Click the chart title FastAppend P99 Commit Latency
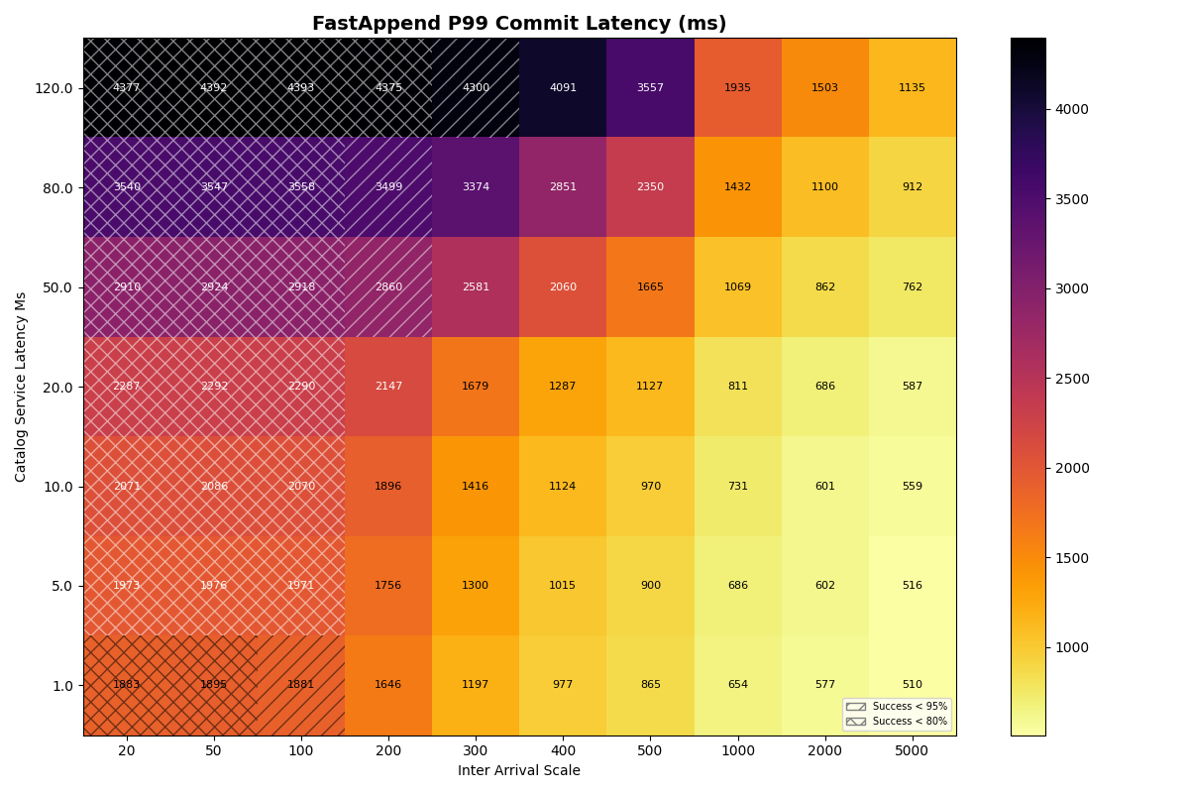click(519, 24)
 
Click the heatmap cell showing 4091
click(563, 88)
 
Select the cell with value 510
click(912, 685)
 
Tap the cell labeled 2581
click(476, 287)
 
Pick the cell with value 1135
click(912, 88)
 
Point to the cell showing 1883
click(127, 685)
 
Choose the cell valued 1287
click(563, 387)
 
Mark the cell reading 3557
click(650, 88)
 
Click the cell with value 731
click(737, 487)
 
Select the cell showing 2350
click(650, 187)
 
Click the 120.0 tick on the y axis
click(54, 88)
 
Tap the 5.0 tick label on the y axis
click(61, 586)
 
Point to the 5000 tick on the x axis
click(912, 751)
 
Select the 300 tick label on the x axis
click(476, 751)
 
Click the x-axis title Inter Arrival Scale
click(519, 771)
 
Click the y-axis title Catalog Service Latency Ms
click(22, 387)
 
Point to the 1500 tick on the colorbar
click(1073, 558)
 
